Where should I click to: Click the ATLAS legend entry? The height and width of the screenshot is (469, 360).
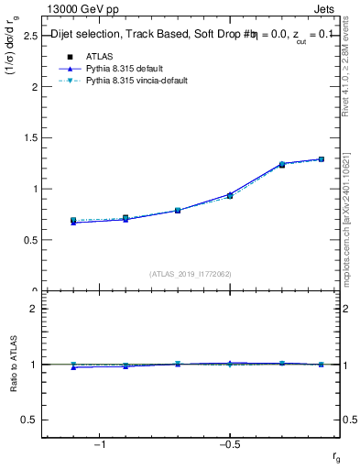click(99, 56)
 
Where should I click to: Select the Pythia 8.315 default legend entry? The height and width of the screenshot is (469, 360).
click(125, 69)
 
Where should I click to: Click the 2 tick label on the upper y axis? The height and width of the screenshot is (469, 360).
click(34, 87)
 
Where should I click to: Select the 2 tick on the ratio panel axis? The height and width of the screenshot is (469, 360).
click(34, 309)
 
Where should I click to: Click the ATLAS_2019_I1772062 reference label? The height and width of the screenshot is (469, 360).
click(191, 273)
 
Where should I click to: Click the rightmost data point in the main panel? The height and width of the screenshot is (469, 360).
click(322, 159)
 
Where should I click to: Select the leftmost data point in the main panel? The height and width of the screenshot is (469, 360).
click(73, 221)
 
